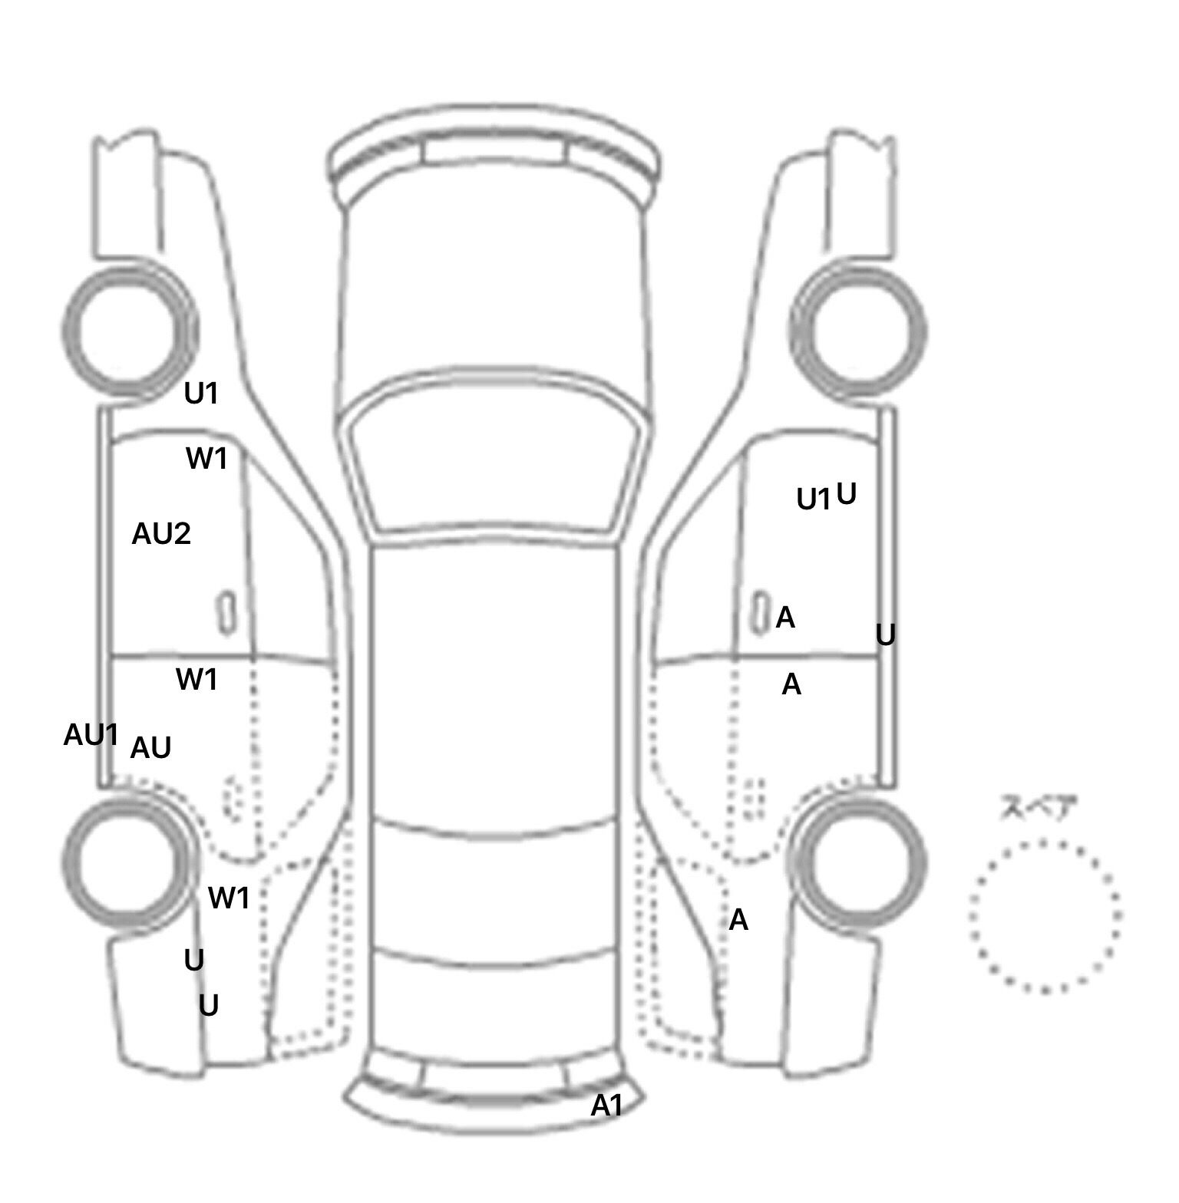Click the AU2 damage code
[x=161, y=534]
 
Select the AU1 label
[x=91, y=735]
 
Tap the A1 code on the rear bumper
[x=606, y=1106]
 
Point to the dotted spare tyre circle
[x=1045, y=915]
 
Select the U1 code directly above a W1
[x=201, y=394]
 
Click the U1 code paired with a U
[x=813, y=499]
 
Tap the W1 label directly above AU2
[x=206, y=459]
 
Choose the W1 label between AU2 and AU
[x=196, y=680]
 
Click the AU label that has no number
[x=150, y=748]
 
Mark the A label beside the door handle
[x=785, y=617]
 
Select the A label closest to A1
[x=738, y=919]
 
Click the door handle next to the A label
[x=759, y=613]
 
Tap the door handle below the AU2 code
[x=226, y=612]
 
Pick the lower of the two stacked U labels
[x=209, y=1005]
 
